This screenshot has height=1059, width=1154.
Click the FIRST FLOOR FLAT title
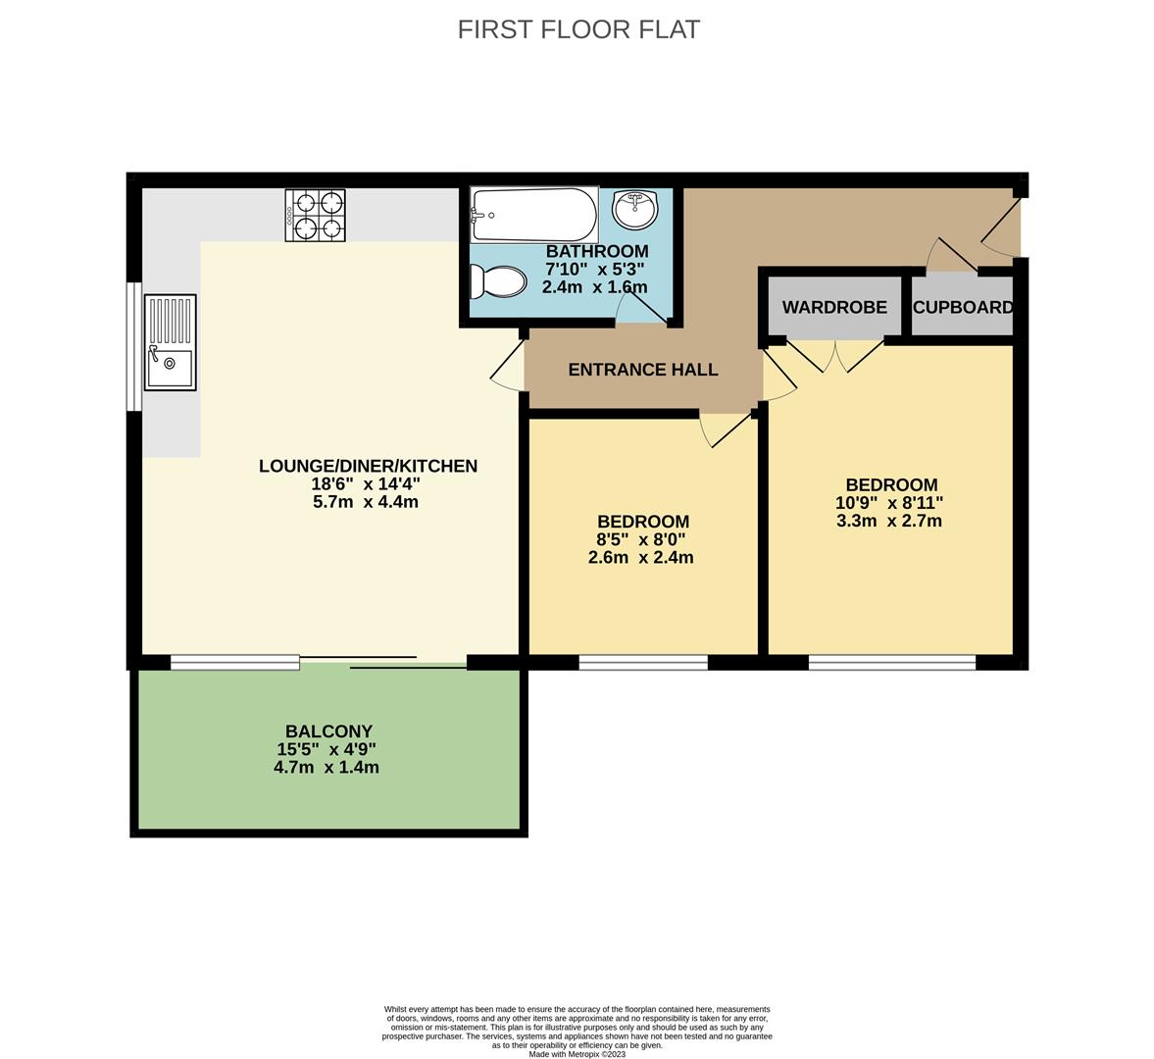(x=578, y=29)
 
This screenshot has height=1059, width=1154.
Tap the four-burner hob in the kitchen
(x=315, y=216)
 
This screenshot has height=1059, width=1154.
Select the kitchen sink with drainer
(x=170, y=342)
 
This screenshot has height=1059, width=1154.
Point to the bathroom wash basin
(x=634, y=208)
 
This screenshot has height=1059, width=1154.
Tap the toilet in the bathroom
(x=499, y=282)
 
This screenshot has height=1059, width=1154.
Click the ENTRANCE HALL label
(x=643, y=370)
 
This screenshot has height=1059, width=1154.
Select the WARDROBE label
(x=834, y=307)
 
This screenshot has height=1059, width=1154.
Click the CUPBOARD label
(x=962, y=307)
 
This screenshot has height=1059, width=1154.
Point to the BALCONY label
(x=328, y=731)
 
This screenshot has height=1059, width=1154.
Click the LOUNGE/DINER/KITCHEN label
(x=368, y=466)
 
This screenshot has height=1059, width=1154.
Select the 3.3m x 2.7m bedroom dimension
(x=889, y=521)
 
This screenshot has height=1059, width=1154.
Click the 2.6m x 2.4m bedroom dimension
(x=641, y=558)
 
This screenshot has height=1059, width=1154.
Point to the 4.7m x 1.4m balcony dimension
(x=326, y=768)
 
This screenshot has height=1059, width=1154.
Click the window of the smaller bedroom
(x=643, y=663)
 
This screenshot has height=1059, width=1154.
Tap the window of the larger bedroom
(x=892, y=663)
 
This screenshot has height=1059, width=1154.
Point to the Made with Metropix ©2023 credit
(x=577, y=1054)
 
